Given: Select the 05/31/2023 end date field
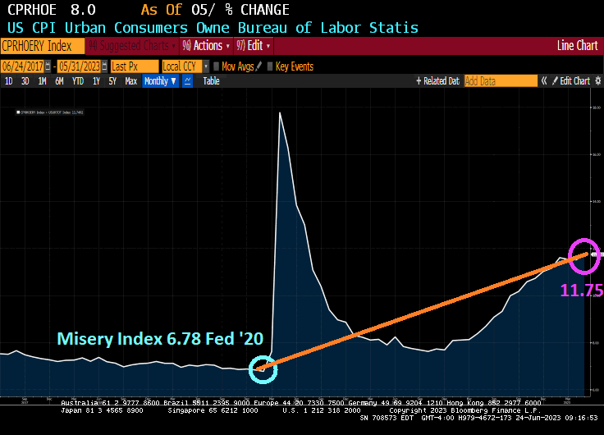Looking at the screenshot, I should coord(80,66).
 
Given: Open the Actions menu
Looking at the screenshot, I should coord(204,46).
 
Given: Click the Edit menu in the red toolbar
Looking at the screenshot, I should coord(254,46).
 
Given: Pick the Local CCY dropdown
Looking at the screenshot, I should coord(184,66).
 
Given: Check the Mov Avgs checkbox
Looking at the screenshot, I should coord(216,66).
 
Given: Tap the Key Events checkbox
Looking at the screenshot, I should coord(271,66).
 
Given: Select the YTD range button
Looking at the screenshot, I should coord(78,81).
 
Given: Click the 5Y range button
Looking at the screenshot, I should coord(112,81).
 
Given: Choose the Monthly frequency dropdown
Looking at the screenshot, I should coord(158,81).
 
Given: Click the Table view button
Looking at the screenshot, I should coord(211,81).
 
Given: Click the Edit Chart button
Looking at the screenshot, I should coord(571,81).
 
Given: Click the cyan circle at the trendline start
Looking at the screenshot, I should coord(263,369).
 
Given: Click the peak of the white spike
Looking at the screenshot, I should coord(281,112).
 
